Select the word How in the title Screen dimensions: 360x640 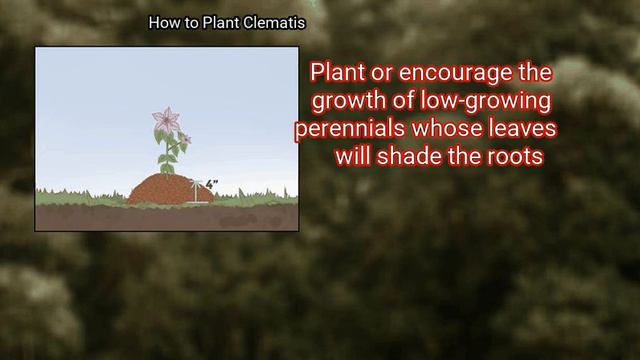coord(163,22)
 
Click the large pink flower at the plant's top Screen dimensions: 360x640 coord(165,120)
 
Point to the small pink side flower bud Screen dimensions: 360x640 coord(184,138)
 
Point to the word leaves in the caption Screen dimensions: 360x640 coord(521,130)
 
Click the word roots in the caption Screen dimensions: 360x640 coord(514,157)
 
